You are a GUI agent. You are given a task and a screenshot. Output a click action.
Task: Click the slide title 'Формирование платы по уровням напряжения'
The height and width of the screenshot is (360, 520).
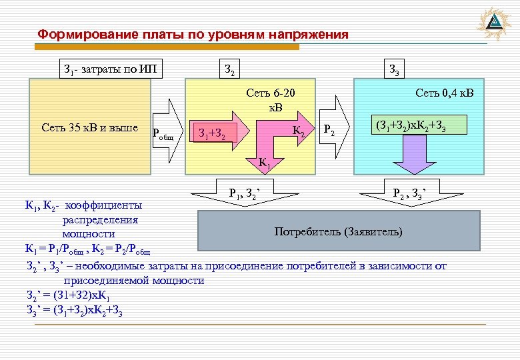pos(193,34)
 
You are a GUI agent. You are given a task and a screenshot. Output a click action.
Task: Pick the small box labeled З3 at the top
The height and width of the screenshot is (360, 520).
pos(394,69)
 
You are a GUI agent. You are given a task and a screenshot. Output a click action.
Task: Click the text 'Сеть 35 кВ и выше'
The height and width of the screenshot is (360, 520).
pos(89,127)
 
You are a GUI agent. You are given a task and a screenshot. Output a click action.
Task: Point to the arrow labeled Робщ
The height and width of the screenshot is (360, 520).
pos(167,131)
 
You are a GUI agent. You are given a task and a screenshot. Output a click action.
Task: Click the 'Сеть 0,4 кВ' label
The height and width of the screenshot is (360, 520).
pos(444,93)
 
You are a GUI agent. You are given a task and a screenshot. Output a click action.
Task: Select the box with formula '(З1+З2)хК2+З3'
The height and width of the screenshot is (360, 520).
pos(420,125)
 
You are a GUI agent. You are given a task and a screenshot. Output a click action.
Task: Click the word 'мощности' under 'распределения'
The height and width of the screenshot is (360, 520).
pos(89,235)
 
